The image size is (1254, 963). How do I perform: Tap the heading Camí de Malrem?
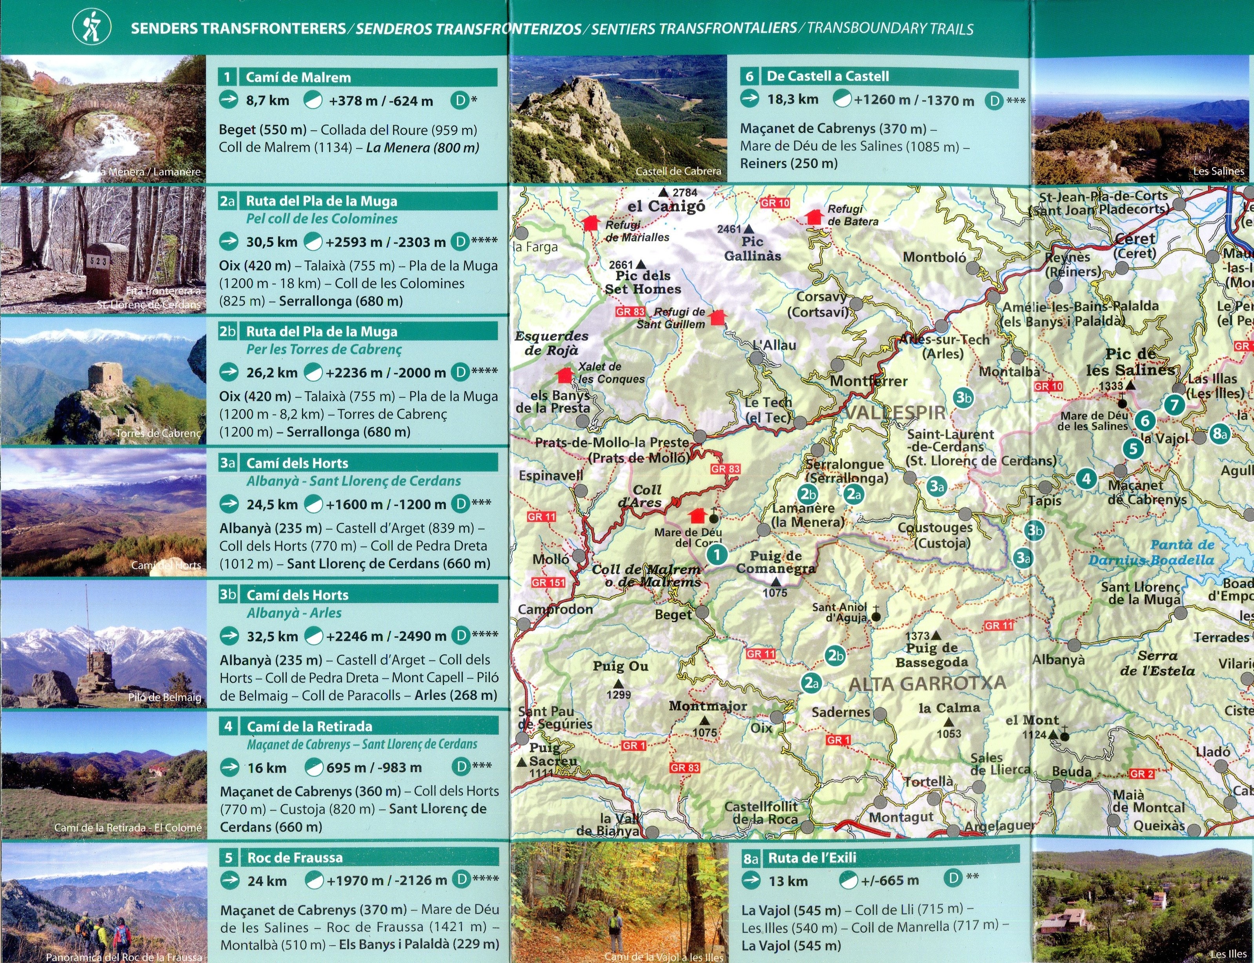tap(298, 77)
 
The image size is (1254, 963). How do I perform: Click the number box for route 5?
tap(229, 857)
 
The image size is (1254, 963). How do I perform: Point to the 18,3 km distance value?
tap(793, 100)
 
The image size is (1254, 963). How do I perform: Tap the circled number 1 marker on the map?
tap(716, 554)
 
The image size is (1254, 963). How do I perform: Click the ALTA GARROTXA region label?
tap(927, 683)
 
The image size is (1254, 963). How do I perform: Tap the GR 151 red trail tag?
tap(548, 583)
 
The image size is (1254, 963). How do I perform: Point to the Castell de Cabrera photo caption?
tap(678, 171)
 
